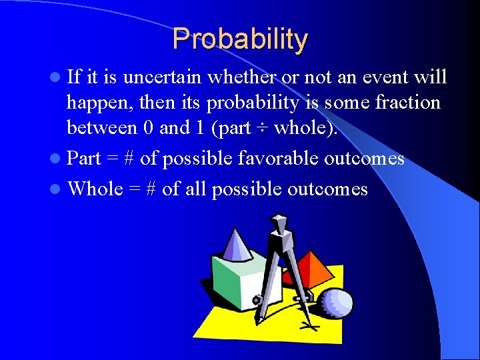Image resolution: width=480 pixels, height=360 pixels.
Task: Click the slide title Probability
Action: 240,39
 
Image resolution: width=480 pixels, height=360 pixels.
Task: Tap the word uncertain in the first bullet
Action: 163,78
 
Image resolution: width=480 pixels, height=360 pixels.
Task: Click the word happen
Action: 95,103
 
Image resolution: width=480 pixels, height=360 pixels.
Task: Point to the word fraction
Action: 407,103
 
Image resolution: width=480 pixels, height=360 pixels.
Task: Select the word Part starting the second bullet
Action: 84,159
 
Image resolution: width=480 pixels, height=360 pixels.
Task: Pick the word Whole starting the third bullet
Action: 95,189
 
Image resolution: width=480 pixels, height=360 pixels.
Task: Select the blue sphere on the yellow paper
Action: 336,304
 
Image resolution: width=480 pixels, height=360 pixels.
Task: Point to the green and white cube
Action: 237,280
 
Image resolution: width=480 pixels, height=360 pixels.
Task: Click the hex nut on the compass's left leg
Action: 257,300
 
